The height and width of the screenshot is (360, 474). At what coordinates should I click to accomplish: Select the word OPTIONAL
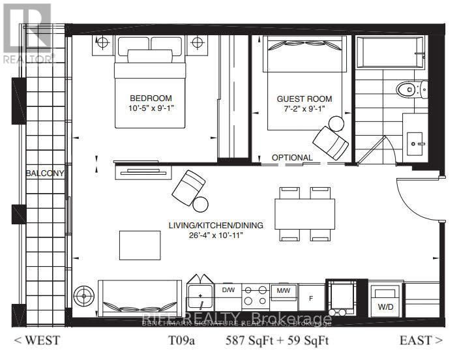pyautogui.click(x=292, y=158)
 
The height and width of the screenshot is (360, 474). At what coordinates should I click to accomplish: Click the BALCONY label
pyautogui.click(x=45, y=173)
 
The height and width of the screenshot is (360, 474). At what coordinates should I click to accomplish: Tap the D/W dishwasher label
pyautogui.click(x=228, y=290)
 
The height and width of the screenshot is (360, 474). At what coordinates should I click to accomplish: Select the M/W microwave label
pyautogui.click(x=283, y=290)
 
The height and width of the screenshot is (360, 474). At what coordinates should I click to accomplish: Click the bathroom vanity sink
pyautogui.click(x=415, y=140)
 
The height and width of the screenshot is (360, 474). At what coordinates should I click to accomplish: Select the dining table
pyautogui.click(x=305, y=213)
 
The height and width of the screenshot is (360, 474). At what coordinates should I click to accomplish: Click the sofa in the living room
pyautogui.click(x=140, y=299)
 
